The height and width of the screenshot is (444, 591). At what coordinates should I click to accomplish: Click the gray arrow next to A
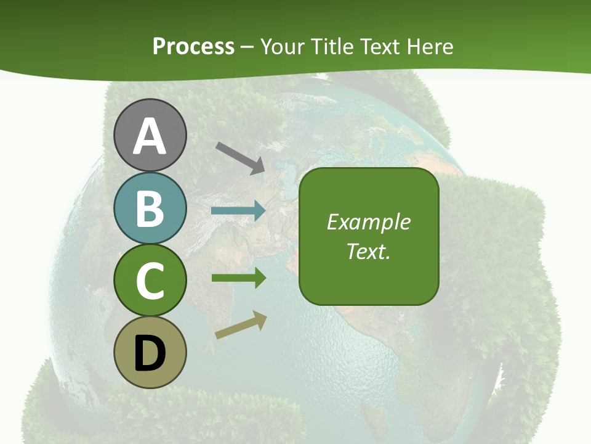241,157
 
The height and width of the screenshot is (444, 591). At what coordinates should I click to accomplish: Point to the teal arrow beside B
238,211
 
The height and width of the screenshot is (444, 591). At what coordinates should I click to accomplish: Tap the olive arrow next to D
241,325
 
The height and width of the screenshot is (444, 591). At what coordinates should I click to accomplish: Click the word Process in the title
193,46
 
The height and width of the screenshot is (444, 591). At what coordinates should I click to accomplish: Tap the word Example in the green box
368,222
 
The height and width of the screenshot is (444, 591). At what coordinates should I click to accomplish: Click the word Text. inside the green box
368,252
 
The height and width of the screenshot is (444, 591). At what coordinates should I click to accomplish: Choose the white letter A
150,136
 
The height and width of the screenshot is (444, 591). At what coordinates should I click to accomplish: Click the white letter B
150,209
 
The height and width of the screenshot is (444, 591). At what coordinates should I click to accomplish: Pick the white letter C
150,281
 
